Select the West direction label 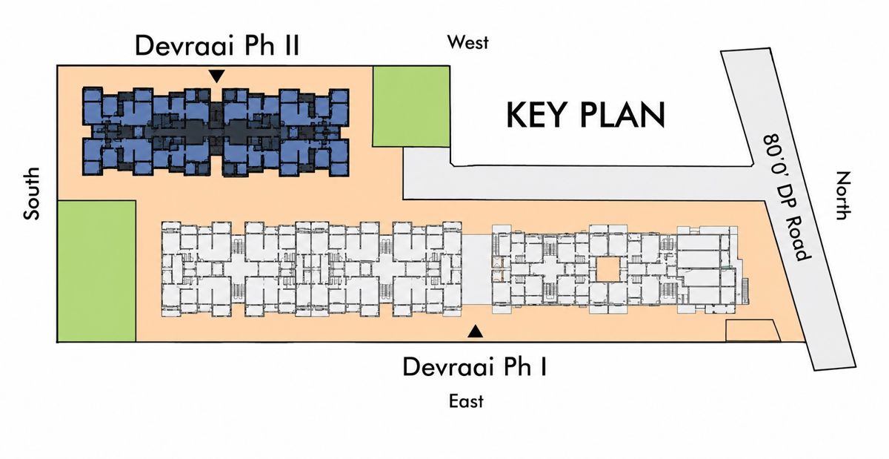coord(468,42)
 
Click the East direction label coord(466,401)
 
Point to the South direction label coord(32,194)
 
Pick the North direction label coord(843,196)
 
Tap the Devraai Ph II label coord(217,45)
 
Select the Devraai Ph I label coord(475,366)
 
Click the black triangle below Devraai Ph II coord(216,76)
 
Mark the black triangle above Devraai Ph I coord(475,331)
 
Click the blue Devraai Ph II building coord(216,132)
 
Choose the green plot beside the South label coord(97,271)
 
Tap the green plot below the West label coord(411,107)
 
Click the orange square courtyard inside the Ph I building coord(607,269)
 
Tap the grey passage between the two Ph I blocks coord(476,269)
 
